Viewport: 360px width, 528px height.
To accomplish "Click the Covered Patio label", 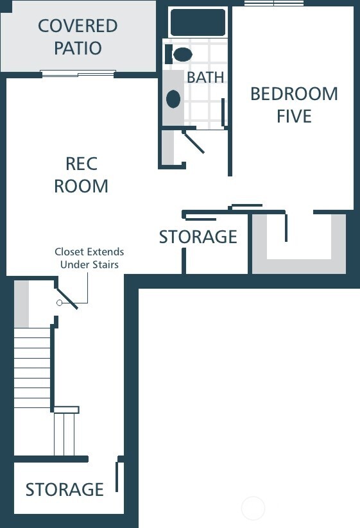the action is point(78,37).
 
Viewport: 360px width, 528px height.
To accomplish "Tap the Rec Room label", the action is point(81,175).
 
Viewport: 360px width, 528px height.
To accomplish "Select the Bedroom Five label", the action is point(294,105).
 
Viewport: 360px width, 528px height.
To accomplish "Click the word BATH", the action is point(205,77).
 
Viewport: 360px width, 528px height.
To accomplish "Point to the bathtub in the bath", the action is point(198,22).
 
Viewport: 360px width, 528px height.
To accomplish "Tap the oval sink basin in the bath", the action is point(173,99).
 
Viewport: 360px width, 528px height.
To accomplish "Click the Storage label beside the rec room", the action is point(198,237).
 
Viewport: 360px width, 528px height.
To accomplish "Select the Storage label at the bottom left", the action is point(65,490).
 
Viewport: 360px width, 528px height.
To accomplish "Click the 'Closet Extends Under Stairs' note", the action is point(89,258).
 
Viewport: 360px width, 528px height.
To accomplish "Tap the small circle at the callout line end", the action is point(60,303).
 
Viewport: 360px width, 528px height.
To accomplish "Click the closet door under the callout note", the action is point(67,298).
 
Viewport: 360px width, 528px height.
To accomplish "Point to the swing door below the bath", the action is point(193,142).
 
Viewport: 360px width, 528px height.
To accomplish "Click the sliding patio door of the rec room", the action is point(78,73).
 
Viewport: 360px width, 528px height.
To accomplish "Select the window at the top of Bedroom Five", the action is point(274,3).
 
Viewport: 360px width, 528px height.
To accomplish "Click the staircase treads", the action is point(32,368).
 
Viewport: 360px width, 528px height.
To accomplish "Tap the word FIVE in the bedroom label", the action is point(294,116).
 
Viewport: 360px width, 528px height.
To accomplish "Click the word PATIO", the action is point(78,48).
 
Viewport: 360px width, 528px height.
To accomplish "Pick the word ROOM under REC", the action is point(81,186).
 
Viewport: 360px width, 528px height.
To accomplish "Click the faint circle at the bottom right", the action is point(253,508).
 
